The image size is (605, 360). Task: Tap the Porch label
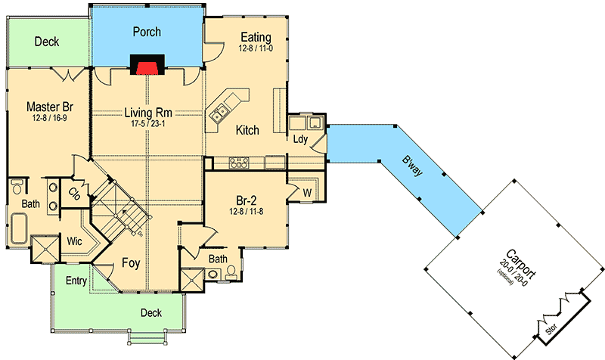point(147,33)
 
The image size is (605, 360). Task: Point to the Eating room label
point(256,37)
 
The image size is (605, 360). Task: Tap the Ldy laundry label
point(299,139)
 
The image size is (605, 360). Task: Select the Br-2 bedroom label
point(247,200)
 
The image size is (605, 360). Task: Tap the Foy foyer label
point(129,264)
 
